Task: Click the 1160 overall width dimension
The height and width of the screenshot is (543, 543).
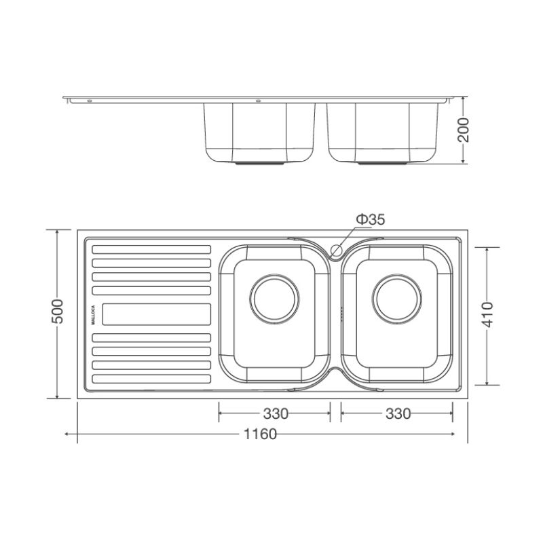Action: pyautogui.click(x=261, y=434)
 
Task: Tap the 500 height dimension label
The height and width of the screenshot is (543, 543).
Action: pyautogui.click(x=58, y=311)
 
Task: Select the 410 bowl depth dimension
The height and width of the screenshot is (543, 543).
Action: pyautogui.click(x=487, y=314)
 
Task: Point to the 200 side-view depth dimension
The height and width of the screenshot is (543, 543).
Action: pyautogui.click(x=463, y=130)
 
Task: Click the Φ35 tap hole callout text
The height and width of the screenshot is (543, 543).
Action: pyautogui.click(x=371, y=219)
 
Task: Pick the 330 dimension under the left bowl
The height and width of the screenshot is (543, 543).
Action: pyautogui.click(x=276, y=413)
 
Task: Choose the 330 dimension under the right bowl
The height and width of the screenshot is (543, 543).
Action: pyautogui.click(x=398, y=413)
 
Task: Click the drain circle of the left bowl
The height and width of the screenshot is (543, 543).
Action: pyautogui.click(x=275, y=299)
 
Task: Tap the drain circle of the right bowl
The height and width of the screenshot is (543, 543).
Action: pyautogui.click(x=397, y=299)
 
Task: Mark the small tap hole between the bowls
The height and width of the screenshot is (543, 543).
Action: pyautogui.click(x=336, y=249)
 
